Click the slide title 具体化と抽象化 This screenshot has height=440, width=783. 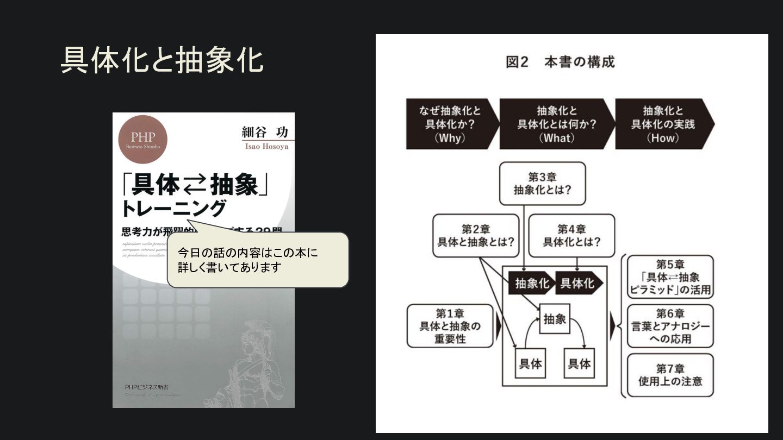click(162, 60)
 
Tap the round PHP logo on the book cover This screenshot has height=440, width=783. click(143, 139)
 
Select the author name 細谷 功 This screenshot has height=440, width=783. click(265, 132)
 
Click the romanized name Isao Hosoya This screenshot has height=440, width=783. click(266, 146)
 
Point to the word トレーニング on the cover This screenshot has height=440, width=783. click(173, 208)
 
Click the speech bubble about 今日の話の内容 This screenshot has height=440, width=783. click(257, 260)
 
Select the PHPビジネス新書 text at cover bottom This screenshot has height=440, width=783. click(147, 387)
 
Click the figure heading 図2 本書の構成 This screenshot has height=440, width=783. click(560, 62)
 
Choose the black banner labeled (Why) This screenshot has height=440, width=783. click(450, 124)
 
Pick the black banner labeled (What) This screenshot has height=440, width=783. click(556, 124)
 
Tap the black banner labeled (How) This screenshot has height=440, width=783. click(663, 124)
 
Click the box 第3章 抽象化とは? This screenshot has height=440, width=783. click(542, 184)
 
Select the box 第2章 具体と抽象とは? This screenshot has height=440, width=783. click(476, 235)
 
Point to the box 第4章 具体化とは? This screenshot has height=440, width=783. click(571, 235)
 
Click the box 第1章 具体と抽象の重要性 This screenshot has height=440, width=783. click(450, 326)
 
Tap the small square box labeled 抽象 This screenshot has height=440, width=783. click(555, 319)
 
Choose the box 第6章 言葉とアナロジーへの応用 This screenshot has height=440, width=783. click(670, 326)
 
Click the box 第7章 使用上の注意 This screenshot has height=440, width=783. click(670, 375)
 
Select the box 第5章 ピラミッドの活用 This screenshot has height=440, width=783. click(670, 277)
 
